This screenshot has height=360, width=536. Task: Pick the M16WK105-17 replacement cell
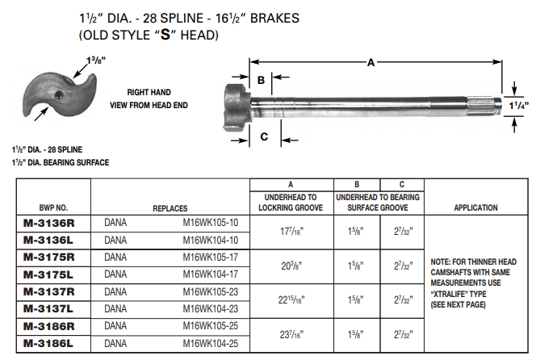[x=211, y=257]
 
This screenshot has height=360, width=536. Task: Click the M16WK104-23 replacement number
[x=211, y=309]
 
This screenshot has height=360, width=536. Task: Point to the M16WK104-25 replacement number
[x=211, y=344]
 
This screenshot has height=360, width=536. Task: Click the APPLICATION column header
[x=475, y=207]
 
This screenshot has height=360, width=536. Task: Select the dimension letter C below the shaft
[x=264, y=136]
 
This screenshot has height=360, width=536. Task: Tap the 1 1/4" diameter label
[x=517, y=104]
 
